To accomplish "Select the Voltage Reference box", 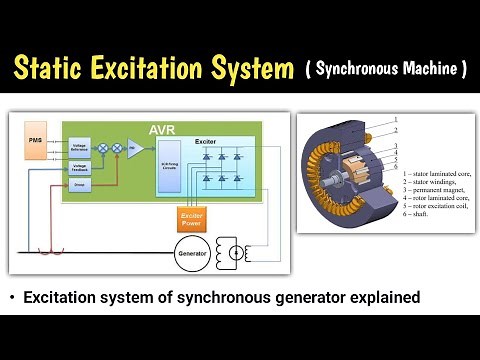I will click(x=79, y=148).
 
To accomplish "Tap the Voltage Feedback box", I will click(x=79, y=168).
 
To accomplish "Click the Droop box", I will click(x=79, y=185).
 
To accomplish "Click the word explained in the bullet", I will click(x=376, y=297).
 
